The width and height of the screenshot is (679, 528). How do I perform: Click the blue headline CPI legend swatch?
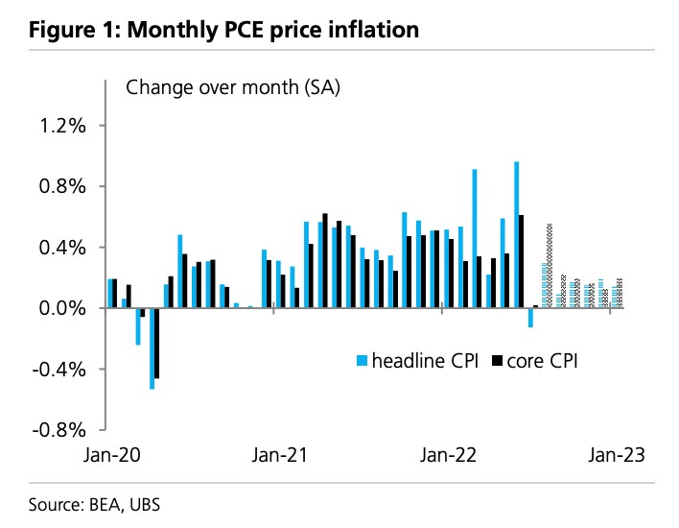click(363, 361)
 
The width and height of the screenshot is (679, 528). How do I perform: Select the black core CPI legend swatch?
click(497, 361)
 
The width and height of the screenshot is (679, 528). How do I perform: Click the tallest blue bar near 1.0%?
click(516, 234)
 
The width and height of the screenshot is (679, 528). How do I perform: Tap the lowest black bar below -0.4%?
click(157, 343)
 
